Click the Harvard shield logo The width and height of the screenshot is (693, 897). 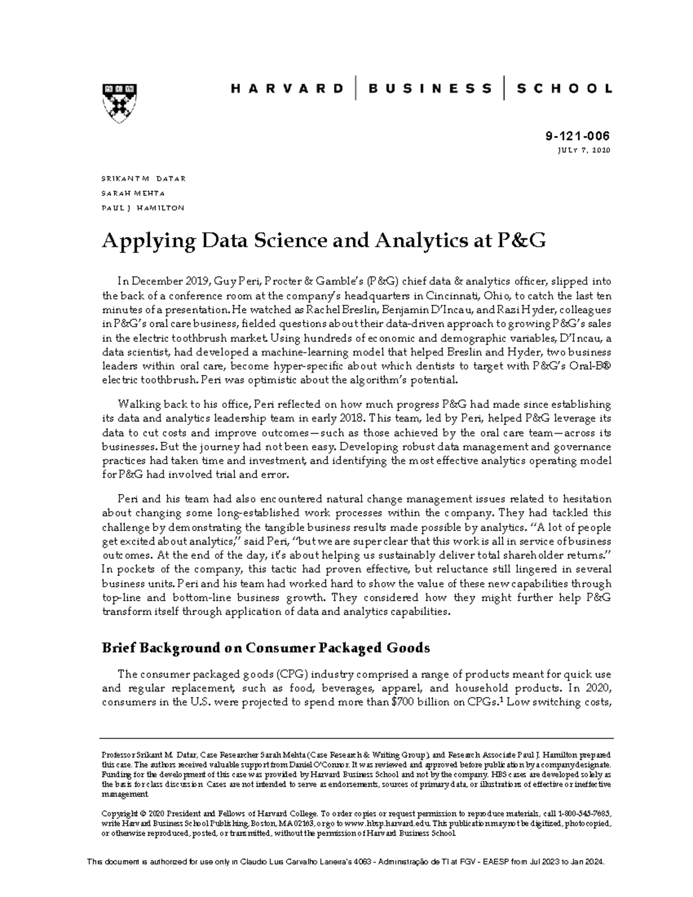point(120,102)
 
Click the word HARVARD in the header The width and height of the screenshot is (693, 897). point(287,88)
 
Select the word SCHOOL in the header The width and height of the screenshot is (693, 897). point(564,88)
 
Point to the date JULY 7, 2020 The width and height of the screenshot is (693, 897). point(583,150)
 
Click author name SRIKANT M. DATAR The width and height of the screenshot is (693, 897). point(143,178)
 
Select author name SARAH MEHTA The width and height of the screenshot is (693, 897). point(133,193)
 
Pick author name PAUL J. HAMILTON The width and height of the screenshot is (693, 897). point(143,207)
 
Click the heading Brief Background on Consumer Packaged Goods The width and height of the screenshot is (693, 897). point(266,647)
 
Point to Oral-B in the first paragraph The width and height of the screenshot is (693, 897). point(591,366)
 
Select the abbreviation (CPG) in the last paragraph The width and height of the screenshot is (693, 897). point(294,674)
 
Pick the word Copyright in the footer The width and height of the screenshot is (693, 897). point(119,812)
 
